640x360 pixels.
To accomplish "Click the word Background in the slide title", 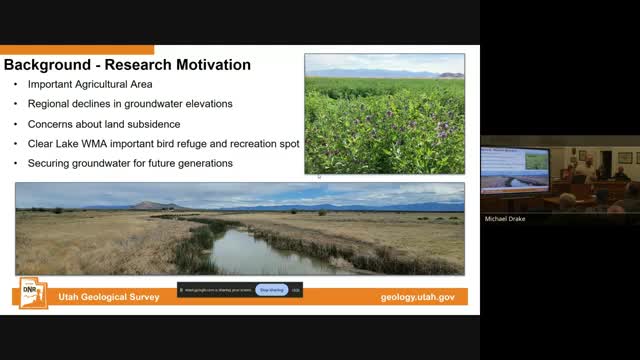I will [x=44, y=66].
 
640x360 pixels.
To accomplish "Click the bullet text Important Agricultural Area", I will [x=90, y=86].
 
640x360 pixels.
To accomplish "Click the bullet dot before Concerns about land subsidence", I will [x=15, y=124].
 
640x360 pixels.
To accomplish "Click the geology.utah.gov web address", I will [x=417, y=298].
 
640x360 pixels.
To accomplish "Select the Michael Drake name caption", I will [x=505, y=217].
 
